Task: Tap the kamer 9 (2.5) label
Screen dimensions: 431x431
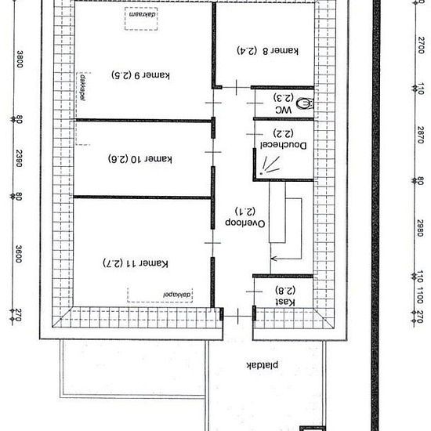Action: (x=140, y=76)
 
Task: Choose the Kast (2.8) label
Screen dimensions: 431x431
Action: (x=284, y=296)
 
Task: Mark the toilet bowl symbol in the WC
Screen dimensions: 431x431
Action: (x=305, y=102)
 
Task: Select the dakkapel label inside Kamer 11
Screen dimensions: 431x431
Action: (x=177, y=293)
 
